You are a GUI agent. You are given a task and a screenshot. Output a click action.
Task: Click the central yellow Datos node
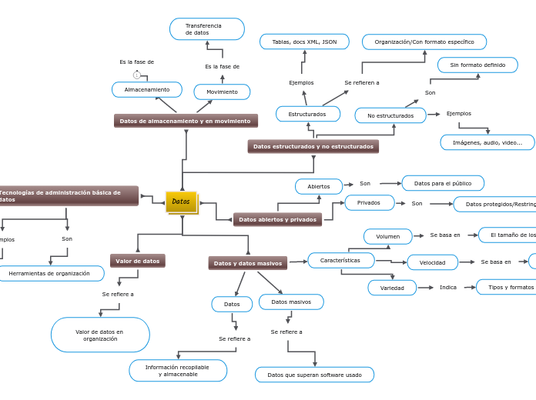[x=181, y=202]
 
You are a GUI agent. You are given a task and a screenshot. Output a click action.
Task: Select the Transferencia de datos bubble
[x=206, y=29]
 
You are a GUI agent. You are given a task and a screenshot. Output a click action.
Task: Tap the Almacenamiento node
[x=147, y=90]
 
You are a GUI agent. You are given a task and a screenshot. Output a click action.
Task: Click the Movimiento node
[x=222, y=92]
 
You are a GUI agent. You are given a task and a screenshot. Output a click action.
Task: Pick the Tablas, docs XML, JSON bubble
[x=304, y=42]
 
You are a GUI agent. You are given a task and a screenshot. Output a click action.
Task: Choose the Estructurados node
[x=308, y=114]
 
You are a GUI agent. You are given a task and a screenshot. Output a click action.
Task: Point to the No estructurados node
[x=390, y=115]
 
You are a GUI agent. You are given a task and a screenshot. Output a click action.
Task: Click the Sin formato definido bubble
[x=477, y=65]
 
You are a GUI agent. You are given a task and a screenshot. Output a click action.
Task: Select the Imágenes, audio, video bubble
[x=487, y=142]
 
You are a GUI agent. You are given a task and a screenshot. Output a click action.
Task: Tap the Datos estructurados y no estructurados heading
[x=313, y=146]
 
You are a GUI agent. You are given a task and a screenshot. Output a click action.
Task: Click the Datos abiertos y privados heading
[x=277, y=219]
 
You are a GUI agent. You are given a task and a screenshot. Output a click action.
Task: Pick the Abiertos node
[x=319, y=186]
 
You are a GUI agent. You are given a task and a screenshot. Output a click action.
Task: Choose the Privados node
[x=369, y=202]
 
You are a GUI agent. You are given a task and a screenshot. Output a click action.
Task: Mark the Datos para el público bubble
[x=443, y=183]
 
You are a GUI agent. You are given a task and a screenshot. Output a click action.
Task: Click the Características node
[x=340, y=261]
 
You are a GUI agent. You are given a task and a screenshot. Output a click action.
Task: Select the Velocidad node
[x=432, y=262]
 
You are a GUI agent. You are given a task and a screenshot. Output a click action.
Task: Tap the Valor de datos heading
[x=138, y=261]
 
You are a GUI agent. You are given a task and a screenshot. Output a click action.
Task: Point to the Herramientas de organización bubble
[x=49, y=273]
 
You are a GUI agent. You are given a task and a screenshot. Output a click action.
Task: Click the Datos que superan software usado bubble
[x=314, y=375]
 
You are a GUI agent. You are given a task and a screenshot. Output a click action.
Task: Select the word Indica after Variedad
[x=448, y=287]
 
